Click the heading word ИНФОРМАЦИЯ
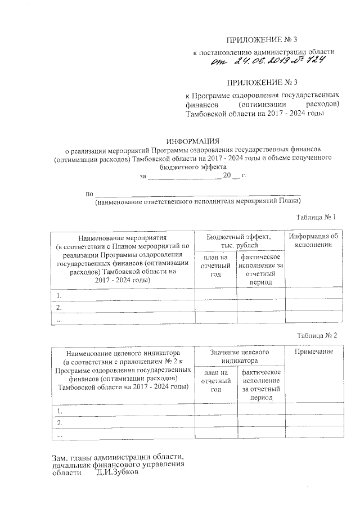192,140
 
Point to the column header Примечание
313,352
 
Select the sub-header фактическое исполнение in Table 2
260,385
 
